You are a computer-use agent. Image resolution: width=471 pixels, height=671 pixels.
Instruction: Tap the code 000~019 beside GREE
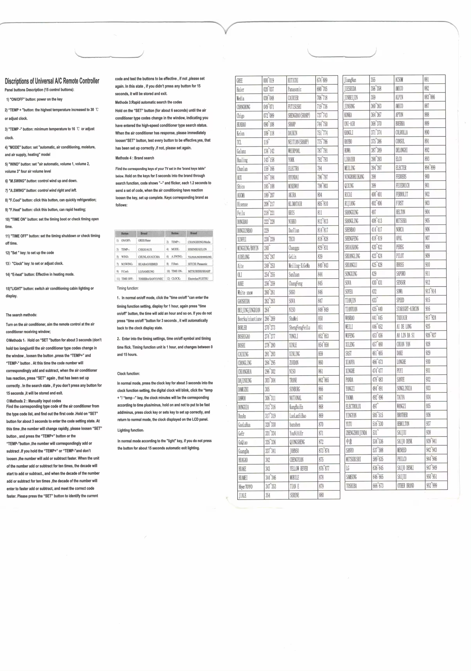[x=268, y=81]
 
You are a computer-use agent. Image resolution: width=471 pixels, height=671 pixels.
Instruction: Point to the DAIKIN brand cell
[x=292, y=133]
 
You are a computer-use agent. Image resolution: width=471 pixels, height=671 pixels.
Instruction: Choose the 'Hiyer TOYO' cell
[x=245, y=487]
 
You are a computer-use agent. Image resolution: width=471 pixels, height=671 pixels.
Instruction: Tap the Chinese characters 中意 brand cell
[x=349, y=441]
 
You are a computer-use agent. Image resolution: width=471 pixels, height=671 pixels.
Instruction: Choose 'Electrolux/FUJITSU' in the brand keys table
[x=198, y=279]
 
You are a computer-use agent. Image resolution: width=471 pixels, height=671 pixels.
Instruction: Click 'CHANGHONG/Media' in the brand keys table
[x=199, y=242]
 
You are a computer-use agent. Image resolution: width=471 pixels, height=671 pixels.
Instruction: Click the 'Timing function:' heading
[x=128, y=288]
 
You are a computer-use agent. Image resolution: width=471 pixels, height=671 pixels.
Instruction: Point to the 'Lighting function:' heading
[x=131, y=430]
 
